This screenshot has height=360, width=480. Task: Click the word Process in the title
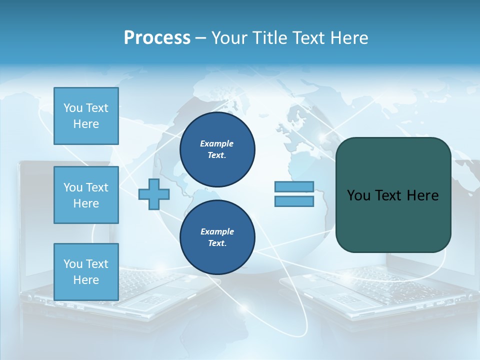[x=157, y=38]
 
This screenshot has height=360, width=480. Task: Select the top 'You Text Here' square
[x=86, y=116]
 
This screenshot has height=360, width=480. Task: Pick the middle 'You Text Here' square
[x=86, y=195]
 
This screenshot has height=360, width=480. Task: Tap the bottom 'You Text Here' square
[x=86, y=272]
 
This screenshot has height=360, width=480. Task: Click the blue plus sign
[x=153, y=194]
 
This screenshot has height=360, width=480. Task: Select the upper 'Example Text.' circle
[x=217, y=149]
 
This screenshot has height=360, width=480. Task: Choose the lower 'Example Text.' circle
[x=217, y=237]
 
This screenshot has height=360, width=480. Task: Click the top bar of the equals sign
[x=294, y=187]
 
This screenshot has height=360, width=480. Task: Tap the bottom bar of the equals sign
[x=294, y=201]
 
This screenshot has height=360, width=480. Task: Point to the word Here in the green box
[x=422, y=195]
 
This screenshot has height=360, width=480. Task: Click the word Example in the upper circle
[x=217, y=143]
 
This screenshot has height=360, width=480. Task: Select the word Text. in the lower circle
[x=217, y=243]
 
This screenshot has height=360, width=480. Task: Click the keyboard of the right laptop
[x=380, y=282]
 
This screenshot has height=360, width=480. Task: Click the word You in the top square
[x=72, y=108]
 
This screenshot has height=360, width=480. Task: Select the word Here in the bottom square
[x=86, y=280]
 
